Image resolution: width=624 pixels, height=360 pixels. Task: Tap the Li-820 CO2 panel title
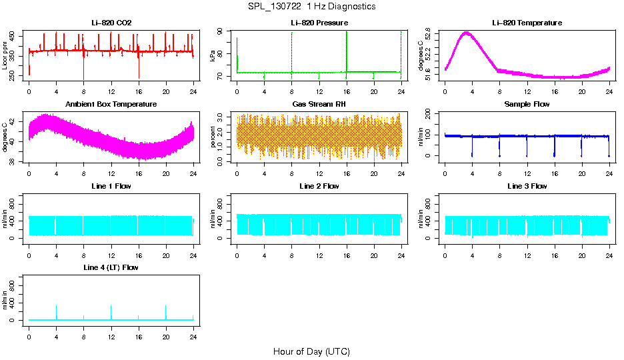point(111,23)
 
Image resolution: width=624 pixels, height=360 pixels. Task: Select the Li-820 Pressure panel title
point(319,23)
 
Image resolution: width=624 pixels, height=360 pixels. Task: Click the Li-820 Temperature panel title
point(527,23)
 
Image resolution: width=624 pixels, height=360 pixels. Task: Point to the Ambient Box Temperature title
point(111,104)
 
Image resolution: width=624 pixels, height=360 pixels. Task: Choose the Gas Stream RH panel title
point(319,104)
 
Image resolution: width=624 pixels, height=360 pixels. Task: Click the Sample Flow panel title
point(527,104)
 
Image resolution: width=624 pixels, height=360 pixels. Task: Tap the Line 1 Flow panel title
point(111,186)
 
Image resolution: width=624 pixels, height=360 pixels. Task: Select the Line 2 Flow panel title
point(319,186)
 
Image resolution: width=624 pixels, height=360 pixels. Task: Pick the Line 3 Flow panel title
point(527,186)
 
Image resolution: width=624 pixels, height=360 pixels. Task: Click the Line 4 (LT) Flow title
point(111,267)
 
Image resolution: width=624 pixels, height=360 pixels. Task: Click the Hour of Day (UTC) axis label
point(311,351)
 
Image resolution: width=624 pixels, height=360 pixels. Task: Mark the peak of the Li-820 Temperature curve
point(466,33)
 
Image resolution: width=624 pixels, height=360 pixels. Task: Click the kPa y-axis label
point(213,56)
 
